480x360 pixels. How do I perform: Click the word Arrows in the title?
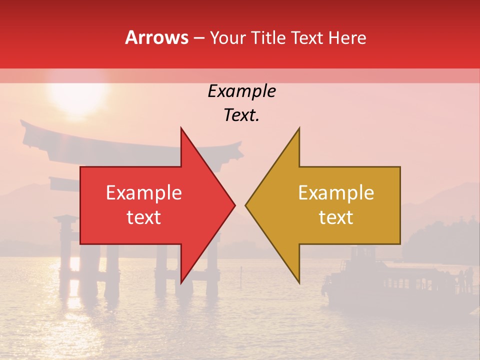point(156,37)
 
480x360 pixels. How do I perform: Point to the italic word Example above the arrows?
point(241,91)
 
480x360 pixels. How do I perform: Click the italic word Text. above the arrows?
point(241,115)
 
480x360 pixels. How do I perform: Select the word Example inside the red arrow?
point(144,192)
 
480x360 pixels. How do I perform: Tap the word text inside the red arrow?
point(144,217)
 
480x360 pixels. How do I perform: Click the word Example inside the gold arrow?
point(336,192)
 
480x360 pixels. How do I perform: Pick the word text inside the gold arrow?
point(336,217)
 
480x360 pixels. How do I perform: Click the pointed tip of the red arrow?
point(234,205)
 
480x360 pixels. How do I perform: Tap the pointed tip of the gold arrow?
point(246,205)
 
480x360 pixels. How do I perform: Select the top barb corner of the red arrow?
point(181,128)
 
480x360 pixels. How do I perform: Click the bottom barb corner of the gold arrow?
point(299,282)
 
